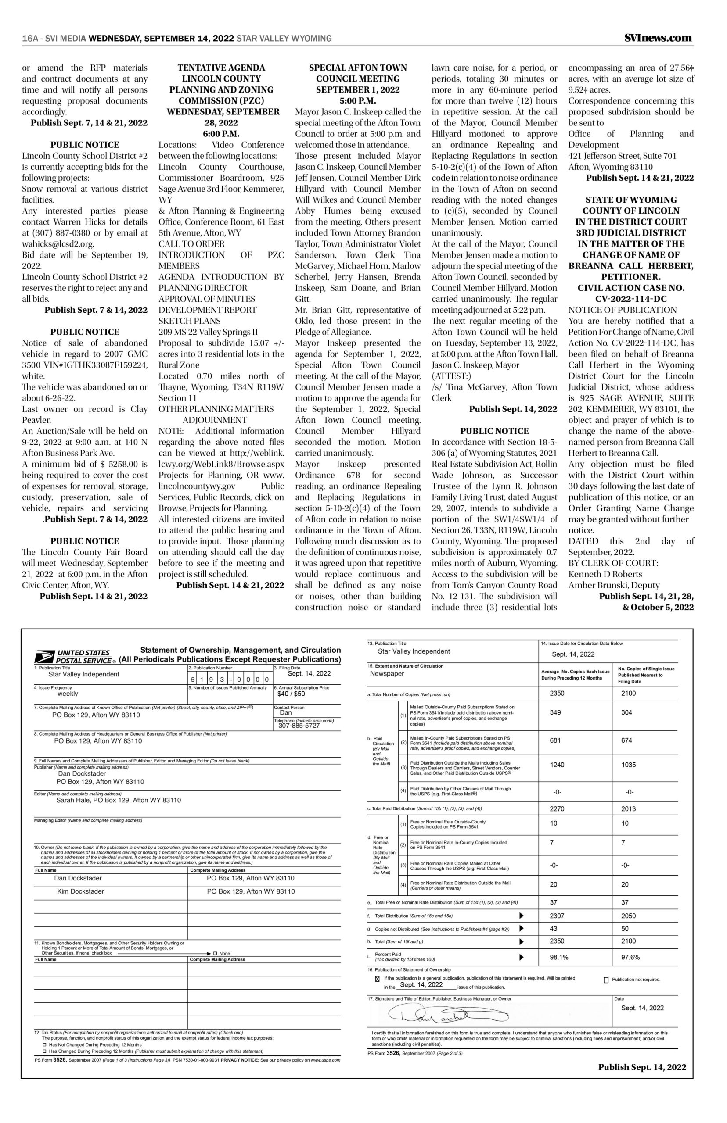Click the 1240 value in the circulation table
tap(557, 765)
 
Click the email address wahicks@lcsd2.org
tap(58, 244)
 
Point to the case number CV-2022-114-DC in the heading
tap(631, 299)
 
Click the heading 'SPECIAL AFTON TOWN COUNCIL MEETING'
tap(357, 73)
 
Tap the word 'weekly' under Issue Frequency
tap(68, 694)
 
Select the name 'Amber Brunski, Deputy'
tap(607, 585)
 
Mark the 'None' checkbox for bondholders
tap(215, 953)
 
